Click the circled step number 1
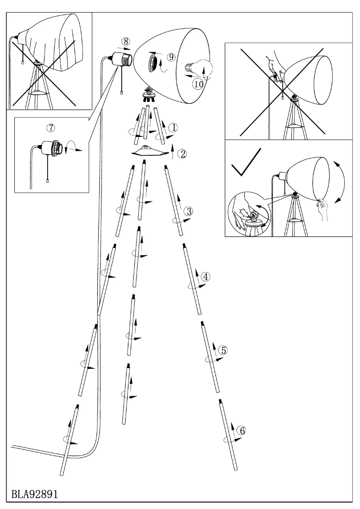click(173, 127)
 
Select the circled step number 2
click(182, 154)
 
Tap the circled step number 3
click(189, 211)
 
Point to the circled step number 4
click(205, 276)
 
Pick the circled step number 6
click(241, 431)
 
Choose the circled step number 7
click(51, 128)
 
